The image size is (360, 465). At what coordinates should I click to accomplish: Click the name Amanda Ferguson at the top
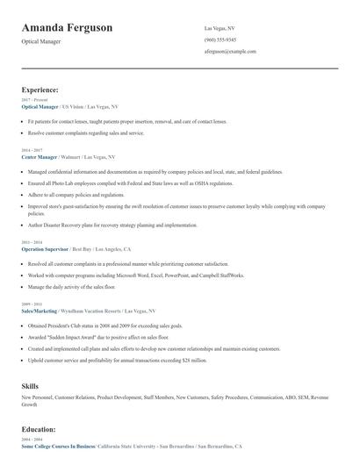click(x=67, y=28)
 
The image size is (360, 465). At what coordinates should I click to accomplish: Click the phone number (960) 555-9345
click(x=220, y=40)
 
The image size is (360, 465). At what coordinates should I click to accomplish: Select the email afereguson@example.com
click(x=230, y=53)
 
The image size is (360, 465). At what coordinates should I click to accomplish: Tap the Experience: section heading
click(x=40, y=89)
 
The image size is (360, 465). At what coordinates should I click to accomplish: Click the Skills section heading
click(x=30, y=385)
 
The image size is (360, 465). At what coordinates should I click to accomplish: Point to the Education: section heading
click(x=39, y=429)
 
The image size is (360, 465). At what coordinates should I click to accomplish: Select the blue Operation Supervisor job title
click(x=44, y=249)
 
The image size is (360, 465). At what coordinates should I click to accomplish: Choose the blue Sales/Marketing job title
click(x=39, y=311)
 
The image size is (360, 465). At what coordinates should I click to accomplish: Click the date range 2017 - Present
click(x=34, y=100)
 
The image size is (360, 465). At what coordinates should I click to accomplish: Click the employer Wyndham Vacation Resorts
click(x=91, y=311)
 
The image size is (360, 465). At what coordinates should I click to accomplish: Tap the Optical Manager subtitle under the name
click(x=40, y=42)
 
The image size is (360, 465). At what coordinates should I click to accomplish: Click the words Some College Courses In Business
click(x=57, y=447)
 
